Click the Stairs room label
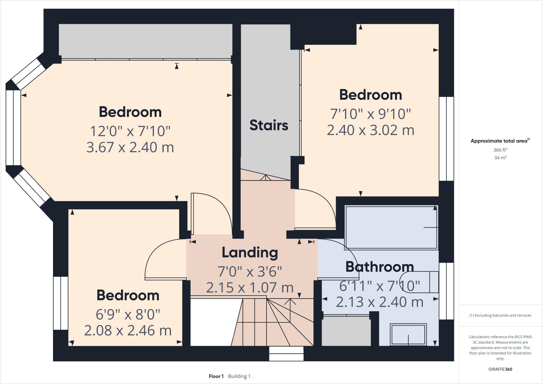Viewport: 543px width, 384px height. click(x=269, y=125)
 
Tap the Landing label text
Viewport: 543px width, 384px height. click(x=250, y=253)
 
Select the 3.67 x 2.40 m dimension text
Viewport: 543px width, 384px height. click(x=130, y=147)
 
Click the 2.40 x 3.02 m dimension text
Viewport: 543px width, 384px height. click(x=370, y=130)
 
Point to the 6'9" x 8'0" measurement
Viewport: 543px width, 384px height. click(x=128, y=314)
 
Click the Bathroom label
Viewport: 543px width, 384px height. click(x=379, y=267)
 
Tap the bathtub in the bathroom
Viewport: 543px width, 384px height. click(x=391, y=228)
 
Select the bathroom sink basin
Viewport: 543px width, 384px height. click(x=408, y=334)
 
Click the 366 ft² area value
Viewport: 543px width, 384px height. click(x=500, y=150)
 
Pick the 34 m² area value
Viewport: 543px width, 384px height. click(x=500, y=158)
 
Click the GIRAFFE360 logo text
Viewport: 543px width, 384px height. click(x=500, y=369)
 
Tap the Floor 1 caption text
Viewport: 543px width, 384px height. click(x=216, y=376)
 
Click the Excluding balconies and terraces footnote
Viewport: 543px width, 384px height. click(x=500, y=315)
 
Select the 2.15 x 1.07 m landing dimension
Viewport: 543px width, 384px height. click(x=250, y=288)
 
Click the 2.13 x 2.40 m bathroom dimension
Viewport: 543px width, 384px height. click(x=379, y=302)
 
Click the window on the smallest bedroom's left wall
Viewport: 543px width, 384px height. click(x=61, y=303)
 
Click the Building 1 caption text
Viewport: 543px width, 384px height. click(x=239, y=376)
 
